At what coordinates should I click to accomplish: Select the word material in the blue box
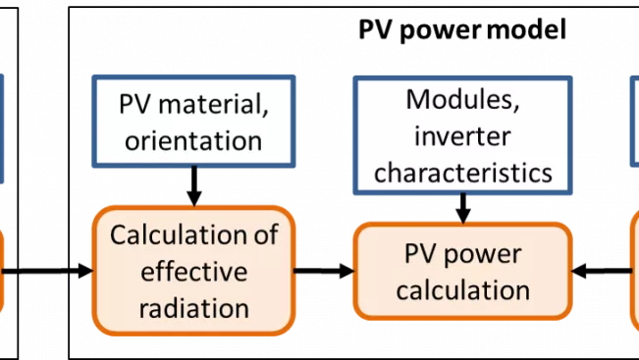[211, 103]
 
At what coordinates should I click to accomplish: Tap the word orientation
[193, 139]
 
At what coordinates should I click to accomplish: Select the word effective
[193, 272]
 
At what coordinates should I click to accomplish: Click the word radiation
[193, 307]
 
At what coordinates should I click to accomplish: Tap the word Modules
[462, 99]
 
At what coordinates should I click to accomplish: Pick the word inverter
[462, 135]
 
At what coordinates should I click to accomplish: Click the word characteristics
[462, 172]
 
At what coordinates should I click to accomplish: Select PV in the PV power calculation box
[421, 254]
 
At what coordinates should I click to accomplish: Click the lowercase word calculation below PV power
[462, 290]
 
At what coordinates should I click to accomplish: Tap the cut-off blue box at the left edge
[2, 128]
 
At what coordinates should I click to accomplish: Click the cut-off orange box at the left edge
[2, 270]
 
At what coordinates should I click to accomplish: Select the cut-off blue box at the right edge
[634, 123]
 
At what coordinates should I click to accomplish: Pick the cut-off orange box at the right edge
[634, 270]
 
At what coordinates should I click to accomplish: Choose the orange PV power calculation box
[462, 272]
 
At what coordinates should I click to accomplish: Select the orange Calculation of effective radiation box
[193, 272]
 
